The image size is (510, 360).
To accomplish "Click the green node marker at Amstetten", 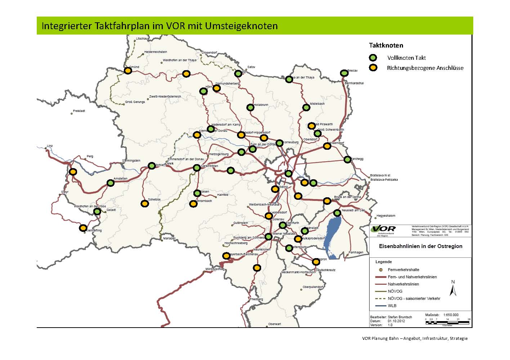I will pyautogui.click(x=111, y=183).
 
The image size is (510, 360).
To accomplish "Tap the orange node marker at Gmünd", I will pyautogui.click(x=128, y=71).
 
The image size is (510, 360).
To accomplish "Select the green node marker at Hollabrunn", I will pyautogui.click(x=250, y=107).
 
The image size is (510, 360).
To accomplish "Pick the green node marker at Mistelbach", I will pyautogui.click(x=306, y=107).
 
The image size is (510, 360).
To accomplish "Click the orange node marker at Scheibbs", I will pyautogui.click(x=144, y=204).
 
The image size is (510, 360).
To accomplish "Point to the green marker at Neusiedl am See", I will pyautogui.click(x=337, y=213).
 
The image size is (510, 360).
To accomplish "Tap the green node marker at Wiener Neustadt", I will pyautogui.click(x=268, y=237).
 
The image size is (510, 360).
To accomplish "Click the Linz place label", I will pyautogui.click(x=50, y=146).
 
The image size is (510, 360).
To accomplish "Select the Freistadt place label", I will pyautogui.click(x=79, y=111).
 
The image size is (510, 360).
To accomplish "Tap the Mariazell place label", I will pyautogui.click(x=169, y=238).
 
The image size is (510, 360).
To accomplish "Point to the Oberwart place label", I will pyautogui.click(x=274, y=324).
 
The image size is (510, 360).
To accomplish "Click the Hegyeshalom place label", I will pyautogui.click(x=386, y=216).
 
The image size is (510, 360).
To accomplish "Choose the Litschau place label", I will pyautogui.click(x=142, y=39).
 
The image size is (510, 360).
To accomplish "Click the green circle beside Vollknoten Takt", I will pyautogui.click(x=373, y=58).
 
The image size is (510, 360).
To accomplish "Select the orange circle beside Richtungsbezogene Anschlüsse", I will pyautogui.click(x=373, y=68).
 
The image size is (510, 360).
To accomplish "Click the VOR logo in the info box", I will pyautogui.click(x=384, y=229).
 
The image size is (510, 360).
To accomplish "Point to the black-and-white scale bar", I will pyautogui.click(x=447, y=323).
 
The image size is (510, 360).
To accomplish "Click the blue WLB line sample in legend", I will pyautogui.click(x=380, y=306).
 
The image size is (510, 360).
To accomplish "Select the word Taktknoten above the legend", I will pyautogui.click(x=386, y=45).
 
